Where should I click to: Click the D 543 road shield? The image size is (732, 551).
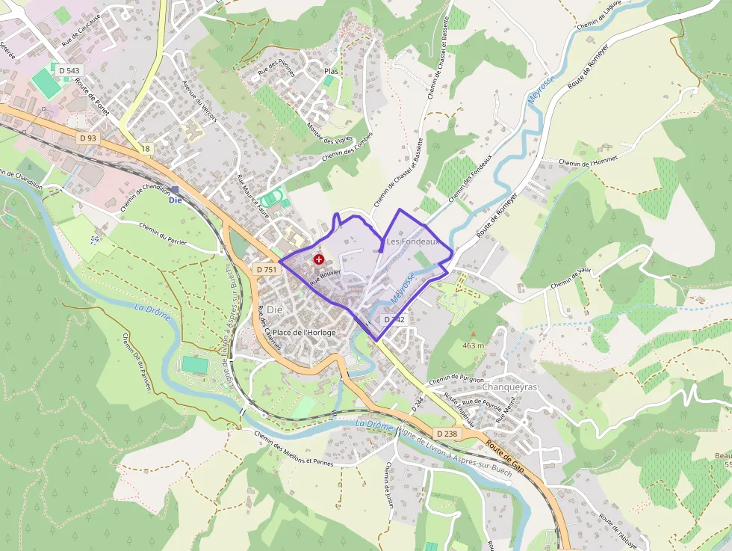67,70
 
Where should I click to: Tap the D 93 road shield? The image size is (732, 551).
87,138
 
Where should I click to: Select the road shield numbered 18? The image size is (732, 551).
146,149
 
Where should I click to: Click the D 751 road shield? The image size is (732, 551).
267,269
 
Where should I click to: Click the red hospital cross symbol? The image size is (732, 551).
319,259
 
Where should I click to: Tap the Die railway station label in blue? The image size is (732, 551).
176,200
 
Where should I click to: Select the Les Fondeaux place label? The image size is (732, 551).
412,242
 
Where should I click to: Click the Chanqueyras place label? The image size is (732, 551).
510,387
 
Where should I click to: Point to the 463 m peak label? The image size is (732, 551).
473,345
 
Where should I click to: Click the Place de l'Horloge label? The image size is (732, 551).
304,332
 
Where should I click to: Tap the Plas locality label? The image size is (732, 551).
331,71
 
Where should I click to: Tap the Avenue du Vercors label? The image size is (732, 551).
199,102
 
